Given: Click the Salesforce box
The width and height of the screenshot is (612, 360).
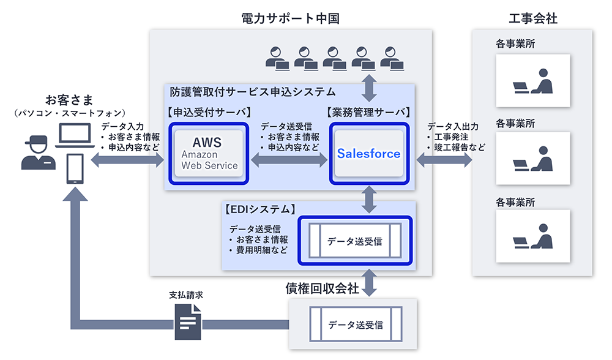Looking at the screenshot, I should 368,153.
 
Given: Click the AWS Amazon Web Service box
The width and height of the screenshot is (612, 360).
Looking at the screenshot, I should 209,153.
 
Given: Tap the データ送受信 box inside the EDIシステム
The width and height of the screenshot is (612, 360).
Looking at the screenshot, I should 355,241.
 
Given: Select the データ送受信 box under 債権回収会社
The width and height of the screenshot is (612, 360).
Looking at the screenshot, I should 355,324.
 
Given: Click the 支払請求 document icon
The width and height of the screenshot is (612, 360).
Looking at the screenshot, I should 187,322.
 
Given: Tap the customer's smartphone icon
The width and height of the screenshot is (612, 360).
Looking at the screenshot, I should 75,169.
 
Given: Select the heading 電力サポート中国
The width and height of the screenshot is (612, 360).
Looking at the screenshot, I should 290,18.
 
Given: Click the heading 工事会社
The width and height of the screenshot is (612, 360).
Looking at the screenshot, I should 532,18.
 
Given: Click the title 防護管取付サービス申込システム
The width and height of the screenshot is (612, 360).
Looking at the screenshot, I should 252,92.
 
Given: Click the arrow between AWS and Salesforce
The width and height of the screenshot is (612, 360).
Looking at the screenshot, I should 289,160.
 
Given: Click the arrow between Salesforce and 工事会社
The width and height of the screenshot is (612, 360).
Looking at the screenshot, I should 444,160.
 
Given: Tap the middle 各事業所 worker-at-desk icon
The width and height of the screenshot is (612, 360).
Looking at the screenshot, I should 532,159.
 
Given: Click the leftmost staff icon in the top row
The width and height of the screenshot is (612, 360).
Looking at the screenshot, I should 278,58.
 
